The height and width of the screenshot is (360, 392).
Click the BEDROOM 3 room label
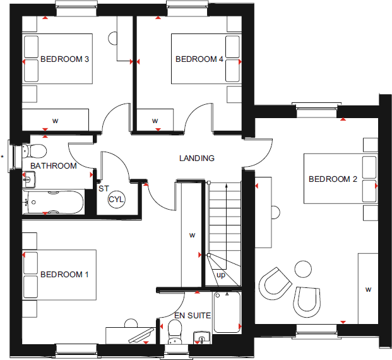64,59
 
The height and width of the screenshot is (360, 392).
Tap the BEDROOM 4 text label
199,59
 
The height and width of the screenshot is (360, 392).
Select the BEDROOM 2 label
333,179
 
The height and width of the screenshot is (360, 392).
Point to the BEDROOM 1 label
64,275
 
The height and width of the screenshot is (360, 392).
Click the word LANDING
197,159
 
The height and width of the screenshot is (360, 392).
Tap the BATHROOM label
54,166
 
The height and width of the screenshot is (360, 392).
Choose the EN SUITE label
193,315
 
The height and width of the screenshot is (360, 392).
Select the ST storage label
102,188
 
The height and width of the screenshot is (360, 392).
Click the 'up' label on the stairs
220,275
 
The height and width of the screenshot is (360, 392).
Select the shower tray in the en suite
227,312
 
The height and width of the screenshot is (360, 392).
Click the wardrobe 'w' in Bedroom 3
55,120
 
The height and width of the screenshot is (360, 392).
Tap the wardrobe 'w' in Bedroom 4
155,120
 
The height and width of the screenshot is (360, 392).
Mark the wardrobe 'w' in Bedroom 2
368,289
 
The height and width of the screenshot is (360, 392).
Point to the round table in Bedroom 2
302,268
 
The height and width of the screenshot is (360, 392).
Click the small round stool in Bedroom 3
117,39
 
